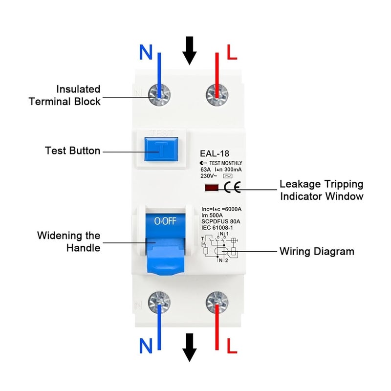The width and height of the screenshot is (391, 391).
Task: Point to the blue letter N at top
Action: point(146,52)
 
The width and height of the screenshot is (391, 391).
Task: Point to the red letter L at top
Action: point(232,52)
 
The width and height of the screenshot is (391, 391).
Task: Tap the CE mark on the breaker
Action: point(232,187)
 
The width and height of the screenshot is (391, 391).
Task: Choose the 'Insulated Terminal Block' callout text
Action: point(65,95)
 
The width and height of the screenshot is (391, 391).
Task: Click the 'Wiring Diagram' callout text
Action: point(316,252)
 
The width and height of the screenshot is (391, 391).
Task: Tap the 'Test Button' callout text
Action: point(72,151)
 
